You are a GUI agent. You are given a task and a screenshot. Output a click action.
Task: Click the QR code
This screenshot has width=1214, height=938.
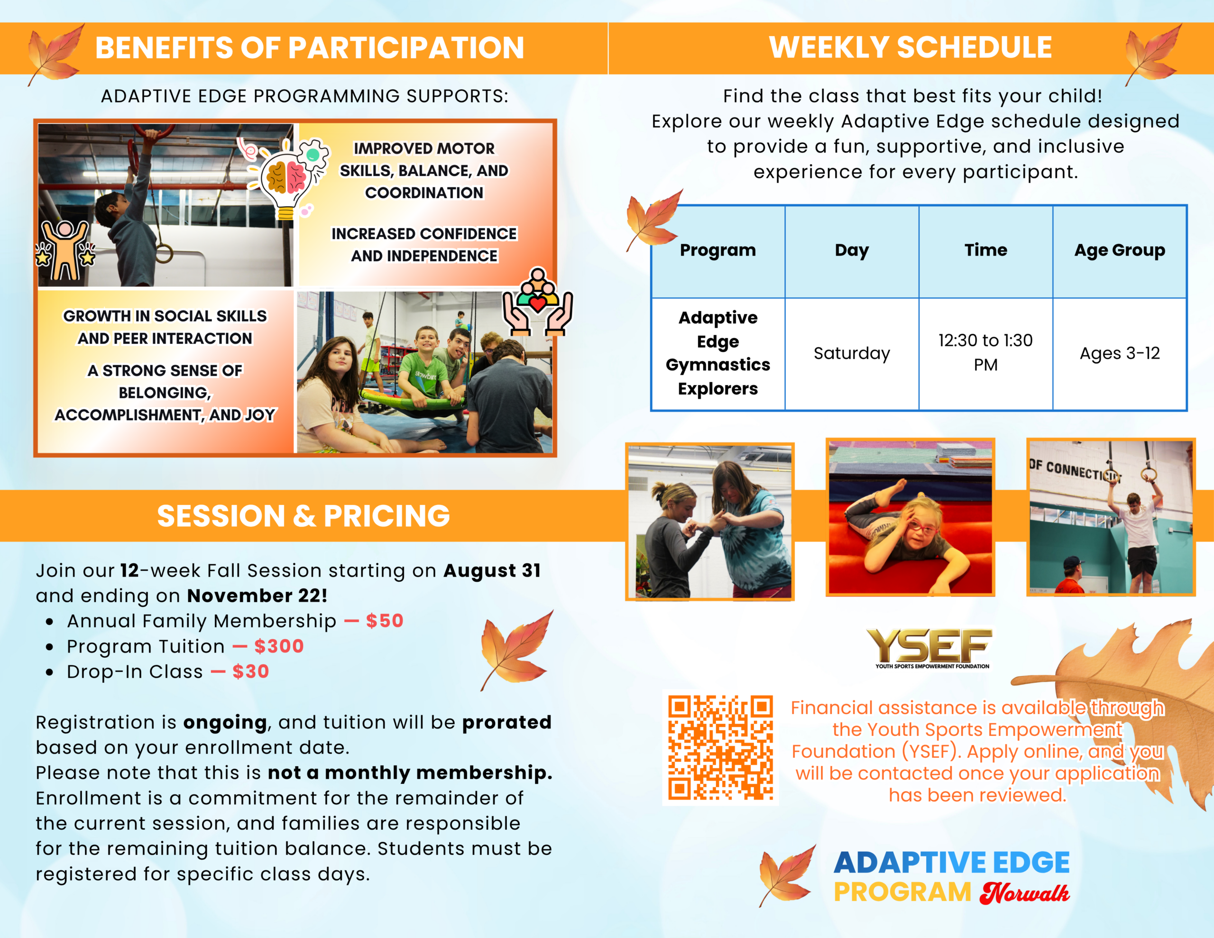(720, 747)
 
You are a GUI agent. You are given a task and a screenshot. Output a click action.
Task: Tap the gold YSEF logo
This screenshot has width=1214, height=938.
(929, 648)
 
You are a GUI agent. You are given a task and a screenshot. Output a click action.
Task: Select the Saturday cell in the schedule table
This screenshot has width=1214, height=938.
(852, 353)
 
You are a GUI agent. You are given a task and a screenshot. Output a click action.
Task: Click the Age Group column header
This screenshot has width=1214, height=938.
(1120, 250)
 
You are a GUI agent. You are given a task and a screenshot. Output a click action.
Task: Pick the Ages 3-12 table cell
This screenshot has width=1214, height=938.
(1120, 353)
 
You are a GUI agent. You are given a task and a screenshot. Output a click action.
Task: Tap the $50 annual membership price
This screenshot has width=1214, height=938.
(385, 621)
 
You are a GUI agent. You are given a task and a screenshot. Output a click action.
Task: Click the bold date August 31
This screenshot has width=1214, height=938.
(492, 570)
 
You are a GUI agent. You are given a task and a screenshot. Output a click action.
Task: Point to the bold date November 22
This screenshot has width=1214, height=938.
(257, 596)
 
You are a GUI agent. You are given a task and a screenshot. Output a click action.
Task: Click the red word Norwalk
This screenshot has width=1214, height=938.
(1024, 893)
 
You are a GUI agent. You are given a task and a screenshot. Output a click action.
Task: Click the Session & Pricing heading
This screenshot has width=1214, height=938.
(303, 516)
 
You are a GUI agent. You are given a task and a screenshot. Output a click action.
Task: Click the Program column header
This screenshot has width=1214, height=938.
(717, 250)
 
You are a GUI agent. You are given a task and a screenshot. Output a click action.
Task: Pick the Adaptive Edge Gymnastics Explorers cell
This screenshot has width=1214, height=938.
(717, 353)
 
